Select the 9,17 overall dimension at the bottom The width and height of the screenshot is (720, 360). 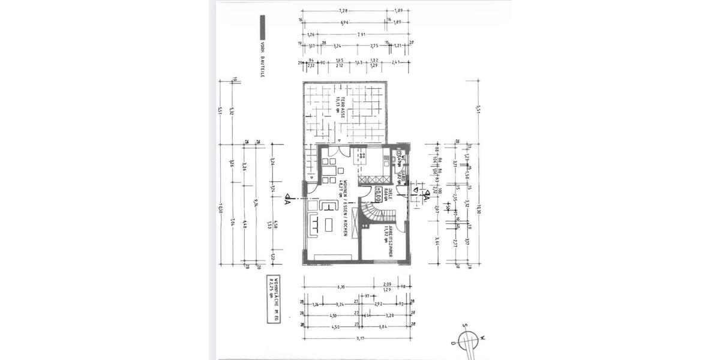[361, 338]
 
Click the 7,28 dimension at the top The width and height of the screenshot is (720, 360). [343, 11]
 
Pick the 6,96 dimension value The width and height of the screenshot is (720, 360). [344, 22]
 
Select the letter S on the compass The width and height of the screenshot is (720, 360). [464, 326]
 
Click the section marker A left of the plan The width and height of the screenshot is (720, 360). [289, 200]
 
